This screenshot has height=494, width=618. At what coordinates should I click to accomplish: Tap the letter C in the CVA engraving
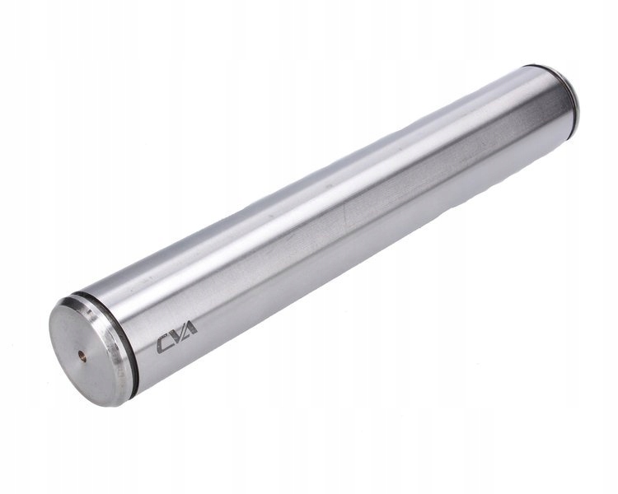point(164,344)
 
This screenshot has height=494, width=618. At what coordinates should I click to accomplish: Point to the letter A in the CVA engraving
point(190,329)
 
